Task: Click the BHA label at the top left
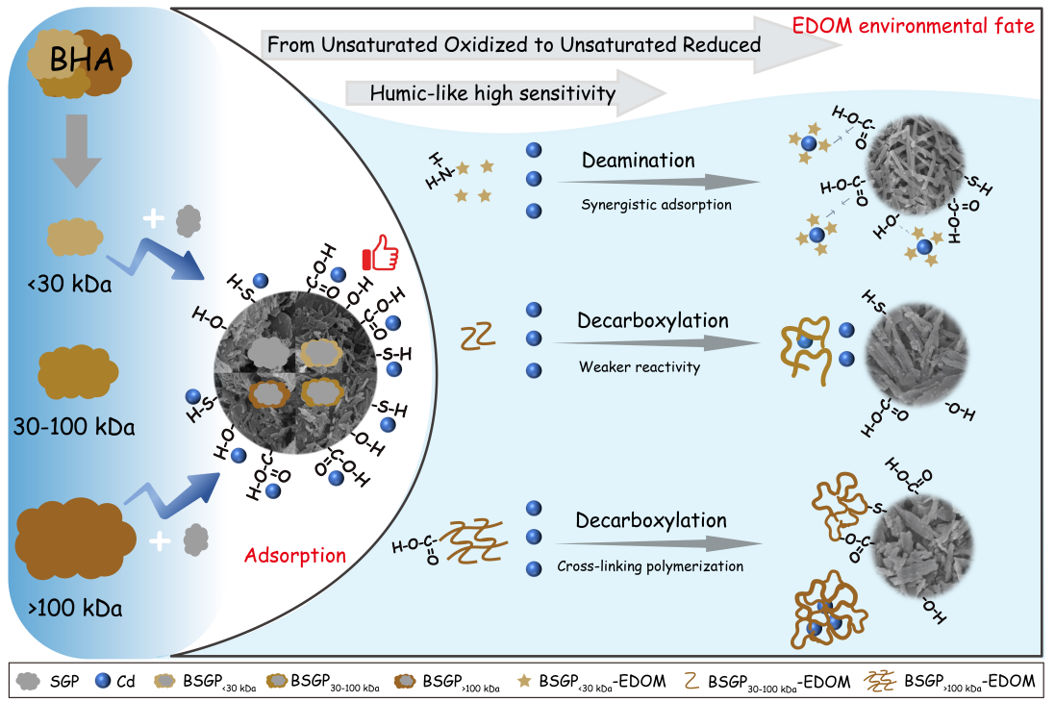click(82, 60)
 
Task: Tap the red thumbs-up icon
click(380, 253)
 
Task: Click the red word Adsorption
click(294, 556)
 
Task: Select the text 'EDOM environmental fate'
click(913, 26)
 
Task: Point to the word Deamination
click(638, 161)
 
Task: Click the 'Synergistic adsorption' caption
click(656, 205)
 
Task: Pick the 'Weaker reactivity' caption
click(640, 366)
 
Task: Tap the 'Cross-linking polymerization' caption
click(650, 566)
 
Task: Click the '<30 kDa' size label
click(69, 284)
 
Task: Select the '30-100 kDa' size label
click(74, 427)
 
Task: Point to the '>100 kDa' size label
click(75, 609)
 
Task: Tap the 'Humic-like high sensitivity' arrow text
click(492, 93)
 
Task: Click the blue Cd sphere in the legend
click(103, 681)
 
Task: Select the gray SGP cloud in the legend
click(28, 681)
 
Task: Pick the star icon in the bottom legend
click(524, 681)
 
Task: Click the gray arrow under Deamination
click(659, 182)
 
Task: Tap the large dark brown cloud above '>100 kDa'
click(75, 538)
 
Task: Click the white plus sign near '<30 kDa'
click(154, 218)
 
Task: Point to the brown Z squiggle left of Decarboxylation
click(478, 336)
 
